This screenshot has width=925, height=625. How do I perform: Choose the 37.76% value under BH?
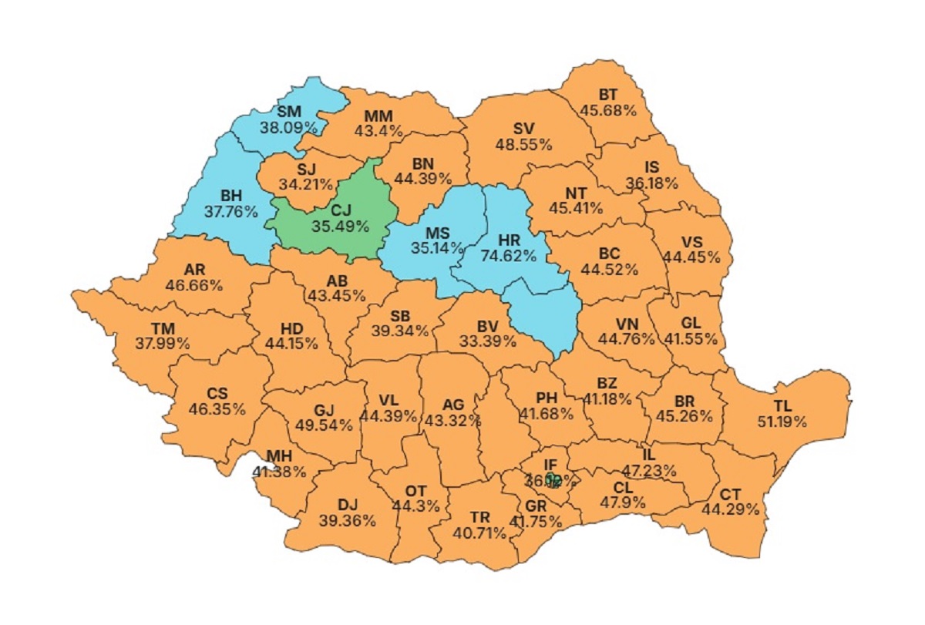tap(230, 211)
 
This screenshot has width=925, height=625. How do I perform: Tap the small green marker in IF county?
tap(552, 479)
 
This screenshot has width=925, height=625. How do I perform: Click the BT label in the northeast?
tap(608, 95)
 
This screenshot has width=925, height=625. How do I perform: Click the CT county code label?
tap(730, 493)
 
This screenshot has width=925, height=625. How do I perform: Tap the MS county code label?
tap(438, 232)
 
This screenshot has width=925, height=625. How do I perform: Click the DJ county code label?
tap(347, 505)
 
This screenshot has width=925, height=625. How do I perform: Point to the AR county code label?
tap(194, 269)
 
